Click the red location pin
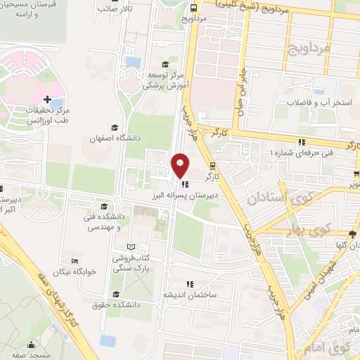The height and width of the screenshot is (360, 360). pos(180,165)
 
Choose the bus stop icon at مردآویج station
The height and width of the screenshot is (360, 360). pos(193,6)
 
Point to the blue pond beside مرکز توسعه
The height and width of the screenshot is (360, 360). pos(133,62)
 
